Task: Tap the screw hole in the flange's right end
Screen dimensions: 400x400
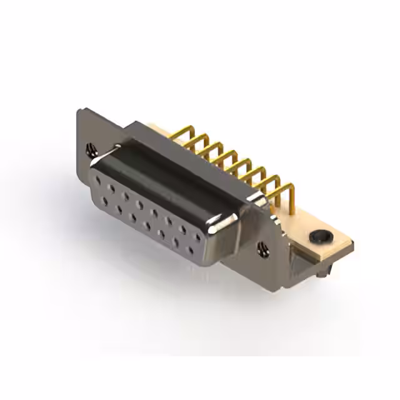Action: tap(262, 249)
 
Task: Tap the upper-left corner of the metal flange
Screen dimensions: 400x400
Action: tap(79, 111)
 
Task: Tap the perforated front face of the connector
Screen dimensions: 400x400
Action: tap(147, 216)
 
